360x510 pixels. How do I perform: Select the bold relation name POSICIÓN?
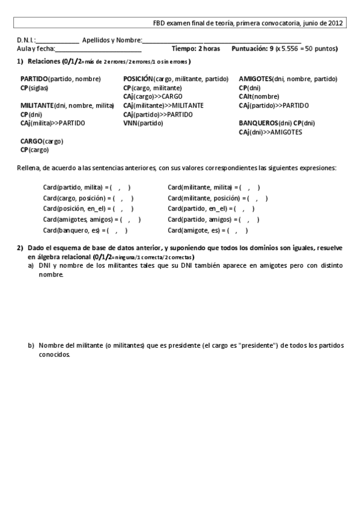(138, 79)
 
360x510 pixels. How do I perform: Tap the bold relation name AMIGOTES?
(255, 79)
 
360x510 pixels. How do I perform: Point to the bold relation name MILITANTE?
(37, 105)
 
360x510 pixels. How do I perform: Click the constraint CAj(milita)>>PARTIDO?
(52, 123)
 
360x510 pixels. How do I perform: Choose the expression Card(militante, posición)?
(204, 198)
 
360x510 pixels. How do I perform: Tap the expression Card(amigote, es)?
(194, 230)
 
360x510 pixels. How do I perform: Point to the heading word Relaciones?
(44, 61)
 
